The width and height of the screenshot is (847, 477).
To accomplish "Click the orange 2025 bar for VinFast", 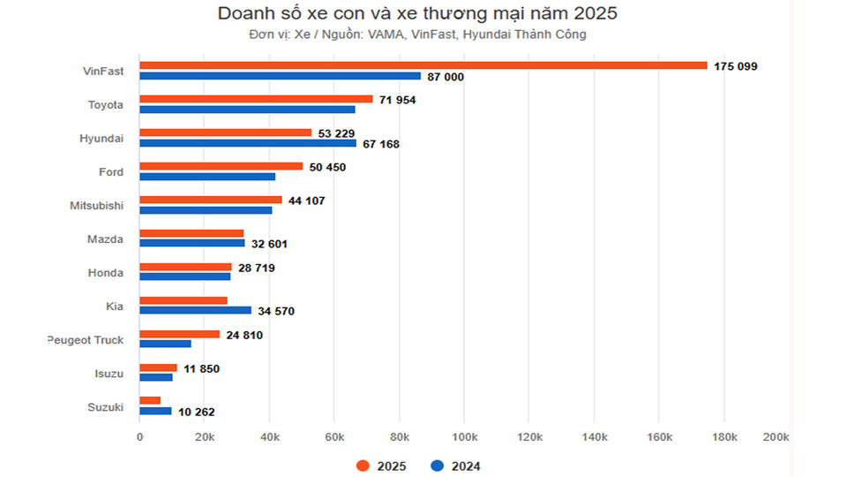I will (x=423, y=65).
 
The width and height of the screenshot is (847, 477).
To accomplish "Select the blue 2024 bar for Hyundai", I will (x=248, y=143).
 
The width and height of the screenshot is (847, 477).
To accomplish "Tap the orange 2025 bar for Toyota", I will (x=256, y=99).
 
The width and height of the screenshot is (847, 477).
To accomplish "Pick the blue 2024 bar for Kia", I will (x=195, y=310).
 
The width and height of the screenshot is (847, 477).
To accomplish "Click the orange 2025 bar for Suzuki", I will (x=150, y=400).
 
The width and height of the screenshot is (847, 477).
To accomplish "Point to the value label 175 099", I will (x=735, y=66).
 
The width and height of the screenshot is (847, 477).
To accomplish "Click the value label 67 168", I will (x=377, y=144).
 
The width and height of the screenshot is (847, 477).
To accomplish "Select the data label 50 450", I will (x=327, y=167).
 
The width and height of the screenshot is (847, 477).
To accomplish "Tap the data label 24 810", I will (x=244, y=335).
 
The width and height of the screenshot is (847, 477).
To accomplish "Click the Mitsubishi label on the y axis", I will (x=96, y=206).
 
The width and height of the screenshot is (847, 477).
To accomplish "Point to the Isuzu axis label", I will (x=109, y=374).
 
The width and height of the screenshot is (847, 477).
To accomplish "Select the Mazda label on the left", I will (x=105, y=239).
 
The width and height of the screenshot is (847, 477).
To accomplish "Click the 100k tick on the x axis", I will (x=464, y=438).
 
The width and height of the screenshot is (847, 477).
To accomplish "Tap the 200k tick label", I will (x=776, y=438).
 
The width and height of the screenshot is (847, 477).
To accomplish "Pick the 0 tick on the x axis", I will (x=139, y=438).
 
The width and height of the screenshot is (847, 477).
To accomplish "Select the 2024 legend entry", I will (x=456, y=466).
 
